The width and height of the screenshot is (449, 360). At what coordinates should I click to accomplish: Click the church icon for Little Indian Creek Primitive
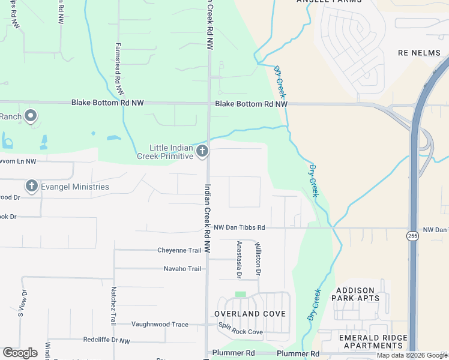[202, 151]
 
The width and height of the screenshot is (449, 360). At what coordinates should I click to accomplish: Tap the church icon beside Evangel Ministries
[32, 187]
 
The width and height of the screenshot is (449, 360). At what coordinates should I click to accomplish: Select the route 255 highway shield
[412, 236]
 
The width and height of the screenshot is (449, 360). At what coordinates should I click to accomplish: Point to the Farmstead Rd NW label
[119, 69]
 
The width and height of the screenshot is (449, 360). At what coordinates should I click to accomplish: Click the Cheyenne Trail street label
[179, 250]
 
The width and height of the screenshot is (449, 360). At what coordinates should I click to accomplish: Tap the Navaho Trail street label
[182, 269]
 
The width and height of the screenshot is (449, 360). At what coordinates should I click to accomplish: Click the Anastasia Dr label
[239, 259]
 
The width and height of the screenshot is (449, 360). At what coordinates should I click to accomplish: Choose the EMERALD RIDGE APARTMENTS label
[370, 341]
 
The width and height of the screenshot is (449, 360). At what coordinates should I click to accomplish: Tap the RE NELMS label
[419, 53]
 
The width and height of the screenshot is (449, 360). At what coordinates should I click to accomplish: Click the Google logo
[20, 353]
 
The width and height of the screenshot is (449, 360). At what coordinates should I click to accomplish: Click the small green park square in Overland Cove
[241, 295]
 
